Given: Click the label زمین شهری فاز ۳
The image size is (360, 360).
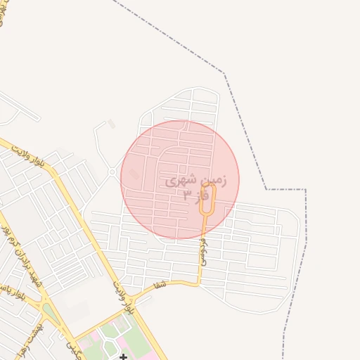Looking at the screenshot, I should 196,188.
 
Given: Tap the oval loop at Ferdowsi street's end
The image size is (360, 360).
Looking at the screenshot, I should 207,199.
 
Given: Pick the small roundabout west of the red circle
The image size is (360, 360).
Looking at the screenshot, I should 111,172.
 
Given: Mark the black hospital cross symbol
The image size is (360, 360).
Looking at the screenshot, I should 124,357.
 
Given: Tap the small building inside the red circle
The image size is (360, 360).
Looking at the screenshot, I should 134,174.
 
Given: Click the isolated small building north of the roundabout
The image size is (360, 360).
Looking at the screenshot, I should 111,124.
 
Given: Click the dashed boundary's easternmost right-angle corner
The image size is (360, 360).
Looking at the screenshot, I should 305,190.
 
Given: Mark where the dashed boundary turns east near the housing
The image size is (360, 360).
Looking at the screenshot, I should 266,189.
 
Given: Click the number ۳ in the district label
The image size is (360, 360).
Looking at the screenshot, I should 186,195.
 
